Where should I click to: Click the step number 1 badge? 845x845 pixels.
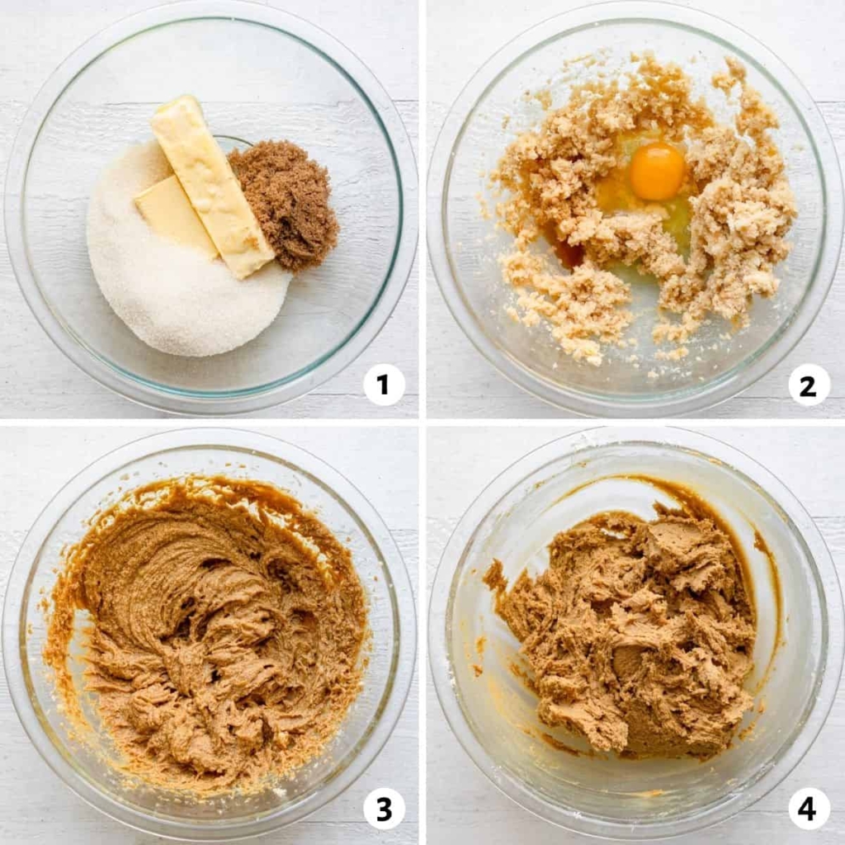383,385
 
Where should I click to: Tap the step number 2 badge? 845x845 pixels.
808,385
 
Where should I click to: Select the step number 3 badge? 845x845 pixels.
383,809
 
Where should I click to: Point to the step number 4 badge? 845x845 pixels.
808,809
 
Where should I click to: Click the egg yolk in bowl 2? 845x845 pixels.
657,172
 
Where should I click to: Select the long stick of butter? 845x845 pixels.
212,186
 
